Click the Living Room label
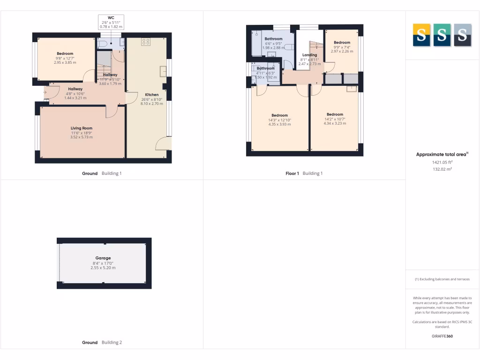[x=82, y=128]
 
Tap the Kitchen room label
[x=152, y=95]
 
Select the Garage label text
[x=103, y=258]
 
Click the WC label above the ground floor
[x=111, y=18]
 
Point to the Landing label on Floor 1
[x=309, y=55]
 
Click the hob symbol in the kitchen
[x=146, y=41]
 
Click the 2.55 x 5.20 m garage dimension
[x=103, y=268]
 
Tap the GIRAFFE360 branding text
[x=442, y=336]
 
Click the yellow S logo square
[x=421, y=35]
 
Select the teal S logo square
[x=442, y=35]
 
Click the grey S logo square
[x=463, y=35]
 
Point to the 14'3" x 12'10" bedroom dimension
[x=280, y=120]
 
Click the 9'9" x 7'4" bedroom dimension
[x=342, y=47]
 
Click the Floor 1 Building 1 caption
[x=304, y=173]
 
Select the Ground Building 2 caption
[x=102, y=343]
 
